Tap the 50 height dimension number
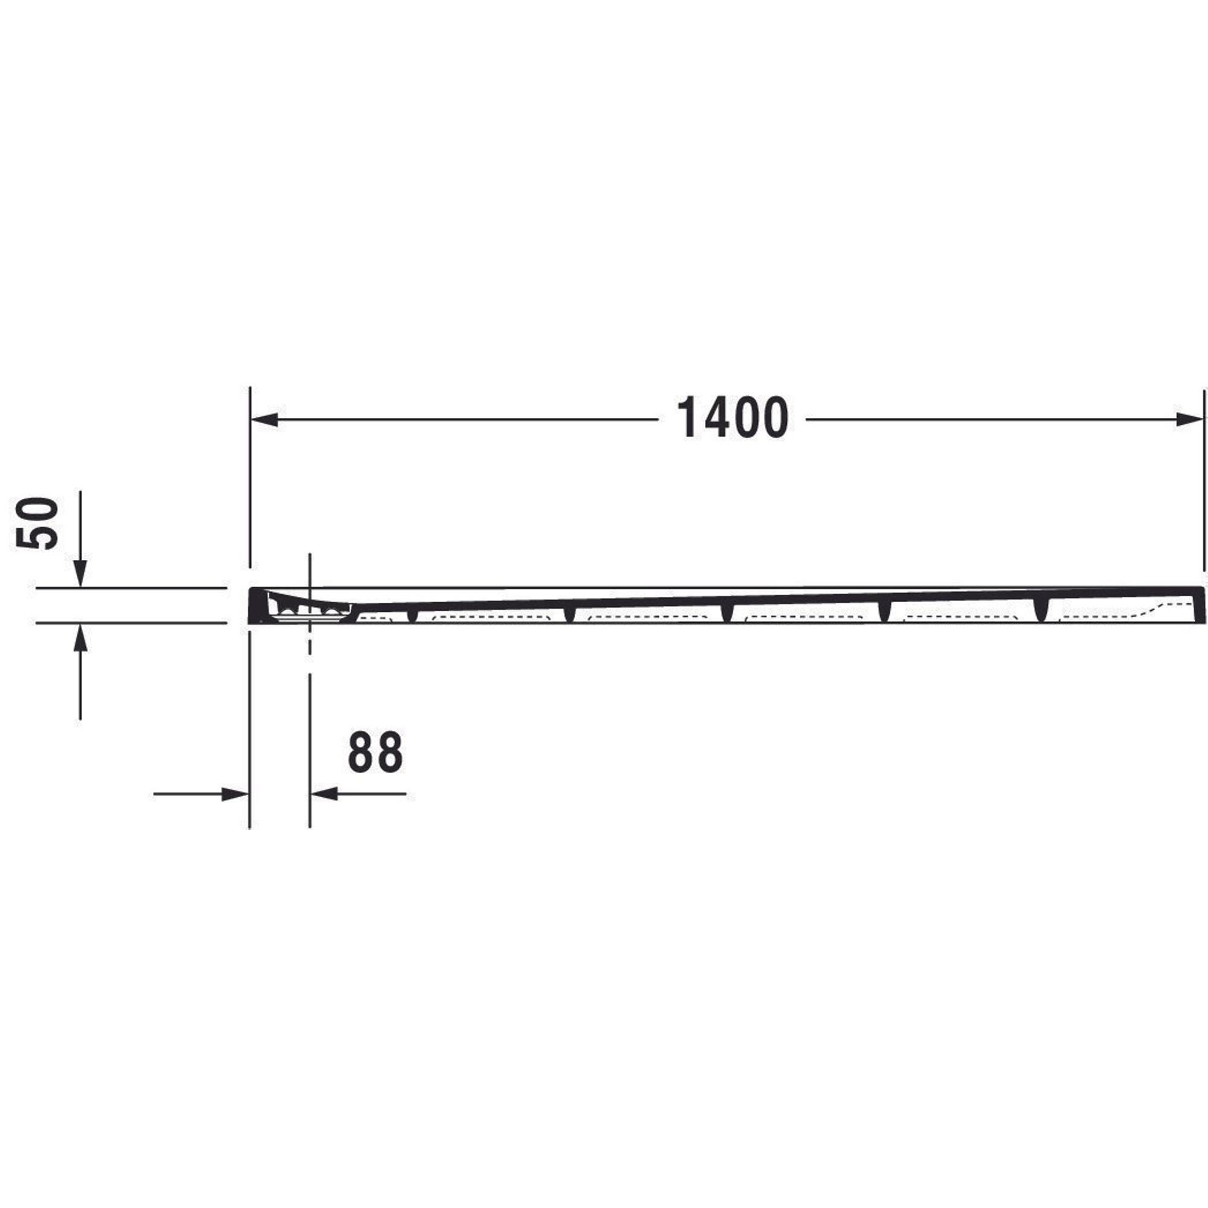(38, 523)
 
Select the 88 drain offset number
(375, 752)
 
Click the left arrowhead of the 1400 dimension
(264, 420)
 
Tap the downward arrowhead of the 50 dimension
(80, 574)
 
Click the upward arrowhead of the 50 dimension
(80, 637)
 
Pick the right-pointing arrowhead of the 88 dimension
(236, 794)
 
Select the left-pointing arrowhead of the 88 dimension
(324, 794)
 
